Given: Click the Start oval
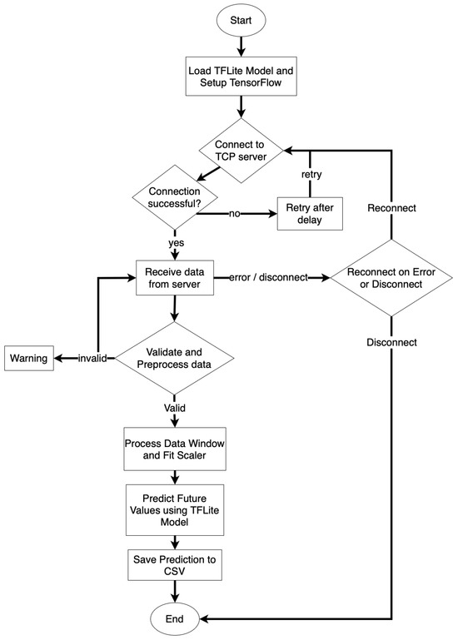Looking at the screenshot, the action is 241,21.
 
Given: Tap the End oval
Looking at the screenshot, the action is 175,618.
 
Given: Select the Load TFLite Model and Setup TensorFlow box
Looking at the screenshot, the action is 241,77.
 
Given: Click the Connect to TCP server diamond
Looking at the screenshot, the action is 241,150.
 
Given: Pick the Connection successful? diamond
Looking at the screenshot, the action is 175,197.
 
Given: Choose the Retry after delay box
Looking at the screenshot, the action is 310,213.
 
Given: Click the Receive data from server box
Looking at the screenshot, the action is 175,277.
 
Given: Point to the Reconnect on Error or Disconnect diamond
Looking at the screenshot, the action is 391,278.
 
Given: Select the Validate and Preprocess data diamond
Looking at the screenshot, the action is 175,358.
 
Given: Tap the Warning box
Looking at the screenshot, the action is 29,358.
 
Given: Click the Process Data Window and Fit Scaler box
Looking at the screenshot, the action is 175,449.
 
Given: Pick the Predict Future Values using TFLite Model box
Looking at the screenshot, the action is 175,510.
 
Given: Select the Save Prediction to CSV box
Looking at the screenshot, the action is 175,565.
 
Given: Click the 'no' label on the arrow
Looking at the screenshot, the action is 235,213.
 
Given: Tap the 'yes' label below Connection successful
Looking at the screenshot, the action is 176,243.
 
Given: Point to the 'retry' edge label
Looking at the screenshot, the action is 311,174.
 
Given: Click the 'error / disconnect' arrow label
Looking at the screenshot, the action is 268,277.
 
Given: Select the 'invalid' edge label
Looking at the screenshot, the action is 92,359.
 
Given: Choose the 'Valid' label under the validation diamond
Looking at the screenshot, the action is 175,408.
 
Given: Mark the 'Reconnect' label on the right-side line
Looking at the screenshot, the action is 392,208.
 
